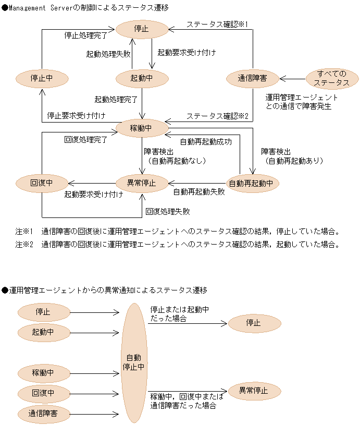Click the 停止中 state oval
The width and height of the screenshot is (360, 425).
click(x=42, y=79)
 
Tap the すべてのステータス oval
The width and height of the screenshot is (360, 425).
click(x=332, y=78)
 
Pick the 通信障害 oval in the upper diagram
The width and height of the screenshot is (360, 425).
click(x=253, y=79)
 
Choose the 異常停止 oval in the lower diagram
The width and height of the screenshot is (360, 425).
click(x=254, y=391)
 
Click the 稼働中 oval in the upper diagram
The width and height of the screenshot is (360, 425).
click(x=142, y=128)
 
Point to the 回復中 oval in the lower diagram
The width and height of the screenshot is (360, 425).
click(x=43, y=392)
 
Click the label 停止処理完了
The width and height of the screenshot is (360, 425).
click(x=86, y=36)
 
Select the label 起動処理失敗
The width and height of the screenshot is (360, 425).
click(x=108, y=53)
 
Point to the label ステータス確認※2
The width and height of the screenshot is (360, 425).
click(x=217, y=116)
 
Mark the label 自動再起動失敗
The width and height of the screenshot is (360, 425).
click(x=199, y=192)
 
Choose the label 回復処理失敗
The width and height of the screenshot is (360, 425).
click(x=168, y=212)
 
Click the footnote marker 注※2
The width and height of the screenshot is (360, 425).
click(x=24, y=244)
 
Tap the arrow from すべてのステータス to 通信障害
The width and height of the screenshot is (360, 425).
click(x=292, y=79)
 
